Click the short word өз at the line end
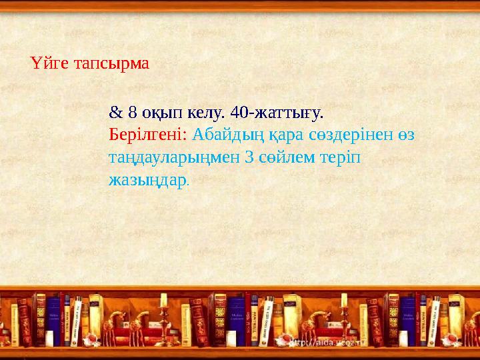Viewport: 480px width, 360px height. pyautogui.click(x=406, y=134)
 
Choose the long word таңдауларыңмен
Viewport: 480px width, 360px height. pyautogui.click(x=175, y=158)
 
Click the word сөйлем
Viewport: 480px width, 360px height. pyautogui.click(x=285, y=157)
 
